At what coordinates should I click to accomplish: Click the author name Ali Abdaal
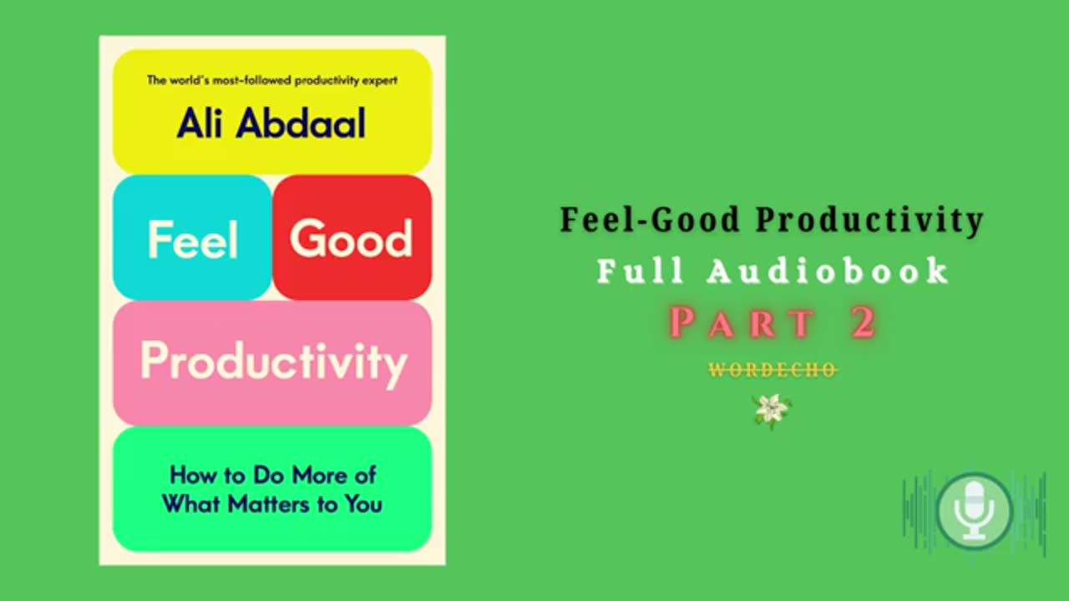(271, 123)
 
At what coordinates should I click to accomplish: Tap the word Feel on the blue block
(192, 240)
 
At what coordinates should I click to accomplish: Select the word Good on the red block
(352, 239)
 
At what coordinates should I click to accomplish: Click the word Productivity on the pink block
(273, 362)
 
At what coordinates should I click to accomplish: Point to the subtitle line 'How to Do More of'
(272, 475)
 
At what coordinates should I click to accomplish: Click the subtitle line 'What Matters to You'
(272, 503)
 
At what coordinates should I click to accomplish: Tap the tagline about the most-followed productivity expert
(271, 81)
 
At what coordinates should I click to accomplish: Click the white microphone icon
(974, 509)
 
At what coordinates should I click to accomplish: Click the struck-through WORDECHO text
(773, 370)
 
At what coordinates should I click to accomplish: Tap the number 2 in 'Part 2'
(864, 323)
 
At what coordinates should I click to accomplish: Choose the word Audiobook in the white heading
(828, 271)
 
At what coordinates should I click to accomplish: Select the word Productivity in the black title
(870, 220)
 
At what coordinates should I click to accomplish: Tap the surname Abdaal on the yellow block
(301, 123)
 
